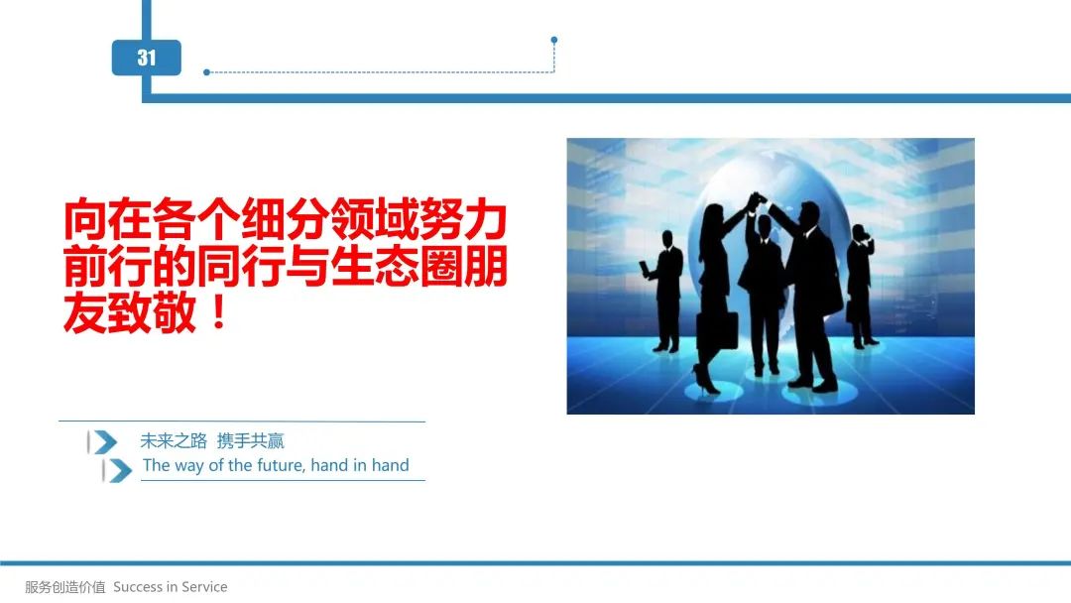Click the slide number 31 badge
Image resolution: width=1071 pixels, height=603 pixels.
tap(146, 58)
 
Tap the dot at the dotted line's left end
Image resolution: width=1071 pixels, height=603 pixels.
tap(206, 71)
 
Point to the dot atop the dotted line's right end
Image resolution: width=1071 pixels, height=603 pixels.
tap(554, 41)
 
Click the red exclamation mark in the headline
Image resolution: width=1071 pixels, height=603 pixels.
tap(218, 312)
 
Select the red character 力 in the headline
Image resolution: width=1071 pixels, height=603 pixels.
tap(485, 220)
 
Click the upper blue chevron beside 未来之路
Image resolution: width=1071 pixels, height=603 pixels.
tap(103, 441)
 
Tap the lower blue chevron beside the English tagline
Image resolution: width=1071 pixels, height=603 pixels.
tap(119, 470)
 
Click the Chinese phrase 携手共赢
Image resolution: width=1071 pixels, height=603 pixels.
tap(250, 441)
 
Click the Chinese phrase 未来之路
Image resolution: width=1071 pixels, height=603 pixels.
tap(174, 441)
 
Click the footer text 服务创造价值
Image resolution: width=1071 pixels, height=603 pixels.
tap(65, 586)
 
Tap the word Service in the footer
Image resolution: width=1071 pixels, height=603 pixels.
tap(203, 586)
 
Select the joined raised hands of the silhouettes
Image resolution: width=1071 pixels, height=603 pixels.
tap(757, 200)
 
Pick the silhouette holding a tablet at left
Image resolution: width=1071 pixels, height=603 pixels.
tap(663, 292)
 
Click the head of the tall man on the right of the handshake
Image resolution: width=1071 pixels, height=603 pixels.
tap(809, 214)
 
